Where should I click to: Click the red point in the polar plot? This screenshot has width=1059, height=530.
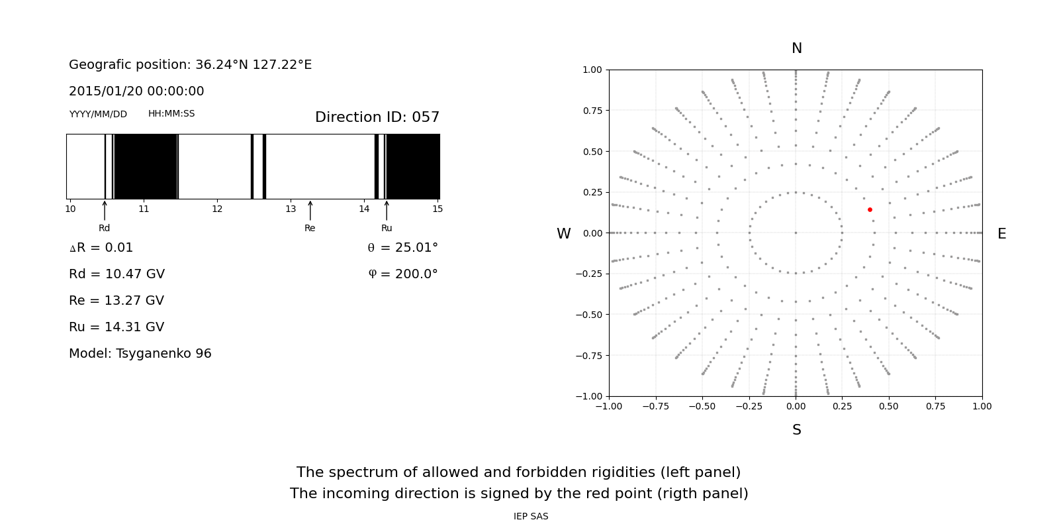(x=870, y=209)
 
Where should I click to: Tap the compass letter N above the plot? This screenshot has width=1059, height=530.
(x=797, y=48)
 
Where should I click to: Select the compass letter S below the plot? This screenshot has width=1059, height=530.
(x=797, y=430)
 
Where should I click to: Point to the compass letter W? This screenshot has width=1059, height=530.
(x=563, y=234)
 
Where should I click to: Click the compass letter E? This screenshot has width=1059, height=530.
(x=1001, y=234)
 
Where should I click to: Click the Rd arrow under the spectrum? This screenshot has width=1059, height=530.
(x=105, y=211)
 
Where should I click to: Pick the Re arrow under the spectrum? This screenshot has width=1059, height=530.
(x=310, y=211)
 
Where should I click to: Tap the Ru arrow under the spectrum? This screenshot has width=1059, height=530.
(x=387, y=211)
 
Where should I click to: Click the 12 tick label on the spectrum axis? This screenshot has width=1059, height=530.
(x=217, y=209)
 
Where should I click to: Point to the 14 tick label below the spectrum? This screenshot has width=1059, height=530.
(x=364, y=209)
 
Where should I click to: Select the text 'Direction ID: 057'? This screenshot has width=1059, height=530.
(x=377, y=117)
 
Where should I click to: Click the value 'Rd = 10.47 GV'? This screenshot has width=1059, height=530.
(x=116, y=274)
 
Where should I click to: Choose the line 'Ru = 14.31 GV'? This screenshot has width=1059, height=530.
(x=116, y=327)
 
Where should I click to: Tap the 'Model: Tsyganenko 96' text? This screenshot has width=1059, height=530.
(x=140, y=354)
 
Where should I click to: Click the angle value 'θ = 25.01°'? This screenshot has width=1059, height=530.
(x=402, y=248)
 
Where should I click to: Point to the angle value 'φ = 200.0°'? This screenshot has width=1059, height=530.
(x=402, y=274)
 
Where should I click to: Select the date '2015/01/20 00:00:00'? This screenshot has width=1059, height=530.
(x=136, y=91)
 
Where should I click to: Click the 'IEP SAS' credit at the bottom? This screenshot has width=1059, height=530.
(x=531, y=517)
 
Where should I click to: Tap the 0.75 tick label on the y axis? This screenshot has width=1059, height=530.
(x=592, y=111)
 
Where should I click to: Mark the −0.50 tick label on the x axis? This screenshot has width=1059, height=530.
(x=702, y=406)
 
